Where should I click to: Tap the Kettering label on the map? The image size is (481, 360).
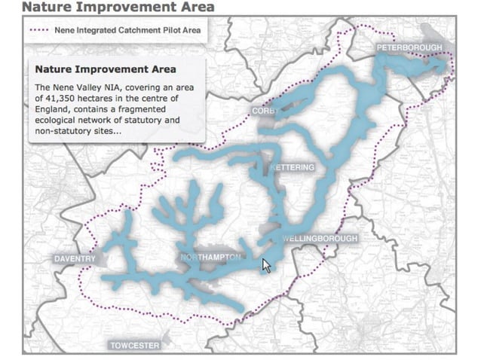[x=293, y=167]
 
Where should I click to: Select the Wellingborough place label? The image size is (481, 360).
[x=320, y=239]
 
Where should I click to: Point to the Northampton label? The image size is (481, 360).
[x=211, y=258]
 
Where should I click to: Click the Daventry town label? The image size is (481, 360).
[x=75, y=259]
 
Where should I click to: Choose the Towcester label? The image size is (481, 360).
[x=135, y=346]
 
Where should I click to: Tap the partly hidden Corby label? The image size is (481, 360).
[x=263, y=111]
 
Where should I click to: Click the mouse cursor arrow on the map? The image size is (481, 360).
[x=265, y=266]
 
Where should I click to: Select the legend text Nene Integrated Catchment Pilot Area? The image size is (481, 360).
[x=126, y=31]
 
